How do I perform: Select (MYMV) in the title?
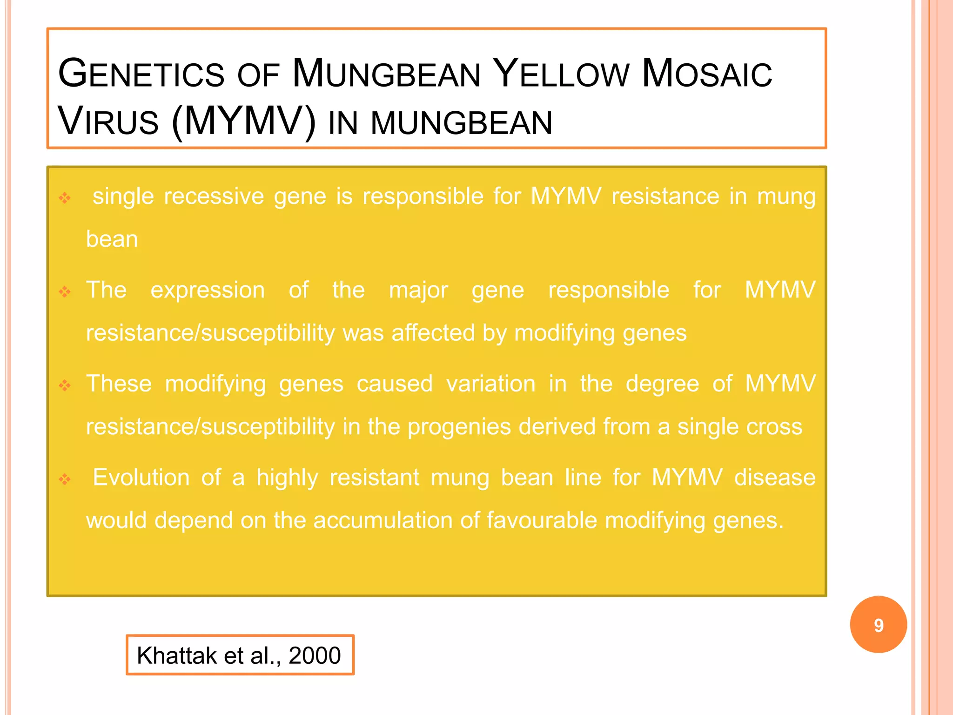click(243, 122)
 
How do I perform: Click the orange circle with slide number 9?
click(878, 625)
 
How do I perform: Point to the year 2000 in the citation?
click(315, 655)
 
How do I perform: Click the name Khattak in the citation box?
click(177, 655)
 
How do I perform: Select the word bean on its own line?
click(112, 239)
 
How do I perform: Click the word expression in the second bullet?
click(208, 290)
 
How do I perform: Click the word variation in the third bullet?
click(490, 384)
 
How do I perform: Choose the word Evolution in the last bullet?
click(141, 478)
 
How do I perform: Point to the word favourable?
click(542, 520)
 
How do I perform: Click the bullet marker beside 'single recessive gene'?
click(65, 198)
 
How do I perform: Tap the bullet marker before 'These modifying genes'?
click(65, 385)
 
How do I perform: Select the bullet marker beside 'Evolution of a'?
click(65, 479)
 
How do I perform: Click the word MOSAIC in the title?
click(706, 74)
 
